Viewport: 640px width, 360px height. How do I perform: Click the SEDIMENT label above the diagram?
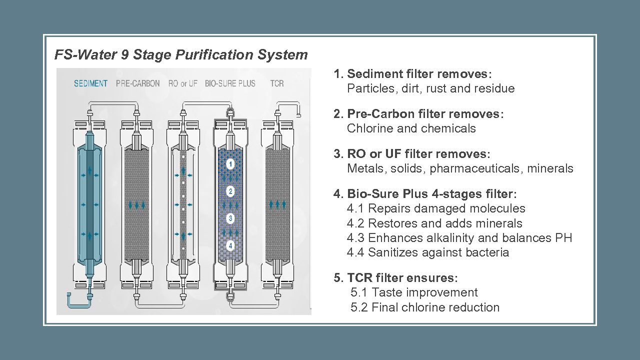coord(90,83)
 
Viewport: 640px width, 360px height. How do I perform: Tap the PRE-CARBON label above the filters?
coord(137,83)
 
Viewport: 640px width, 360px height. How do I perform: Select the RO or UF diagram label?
coord(183,83)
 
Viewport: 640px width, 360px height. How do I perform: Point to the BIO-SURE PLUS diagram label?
coord(230,83)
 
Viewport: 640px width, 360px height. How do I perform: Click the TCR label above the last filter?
coord(276,83)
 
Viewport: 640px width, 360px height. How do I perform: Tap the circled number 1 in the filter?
coord(230,164)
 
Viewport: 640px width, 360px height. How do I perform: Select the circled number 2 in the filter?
coord(230,191)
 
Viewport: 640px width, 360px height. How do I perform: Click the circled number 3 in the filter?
coord(230,218)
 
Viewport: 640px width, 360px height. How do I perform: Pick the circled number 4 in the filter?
coord(230,245)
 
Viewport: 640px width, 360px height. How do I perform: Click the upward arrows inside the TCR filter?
coord(277,204)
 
